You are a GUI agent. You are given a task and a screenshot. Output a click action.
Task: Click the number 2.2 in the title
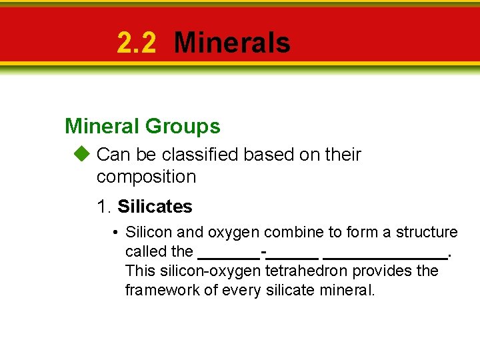pyautogui.click(x=136, y=43)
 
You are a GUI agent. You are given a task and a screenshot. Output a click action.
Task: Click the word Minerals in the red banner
pyautogui.click(x=231, y=43)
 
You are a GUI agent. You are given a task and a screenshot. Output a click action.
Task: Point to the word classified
pyautogui.click(x=200, y=155)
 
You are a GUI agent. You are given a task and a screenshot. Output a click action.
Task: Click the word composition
pyautogui.click(x=146, y=177)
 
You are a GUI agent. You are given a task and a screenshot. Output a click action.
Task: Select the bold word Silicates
pyautogui.click(x=155, y=207)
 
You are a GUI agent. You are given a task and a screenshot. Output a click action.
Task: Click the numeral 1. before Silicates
pyautogui.click(x=104, y=207)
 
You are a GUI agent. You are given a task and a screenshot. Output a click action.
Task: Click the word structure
pyautogui.click(x=427, y=232)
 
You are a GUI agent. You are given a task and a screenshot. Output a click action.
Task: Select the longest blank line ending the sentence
pyautogui.click(x=385, y=256)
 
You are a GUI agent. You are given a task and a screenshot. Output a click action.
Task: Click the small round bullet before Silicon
pyautogui.click(x=115, y=233)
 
